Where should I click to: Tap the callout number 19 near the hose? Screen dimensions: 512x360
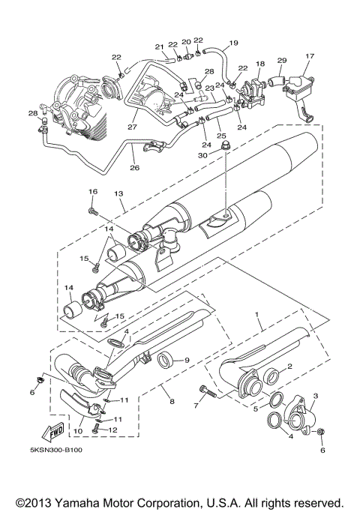pyautogui.click(x=234, y=43)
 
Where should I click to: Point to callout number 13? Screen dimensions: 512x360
pyautogui.click(x=118, y=193)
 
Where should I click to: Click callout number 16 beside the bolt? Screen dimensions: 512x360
pyautogui.click(x=93, y=192)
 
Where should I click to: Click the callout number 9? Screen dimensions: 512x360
pyautogui.click(x=187, y=361)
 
